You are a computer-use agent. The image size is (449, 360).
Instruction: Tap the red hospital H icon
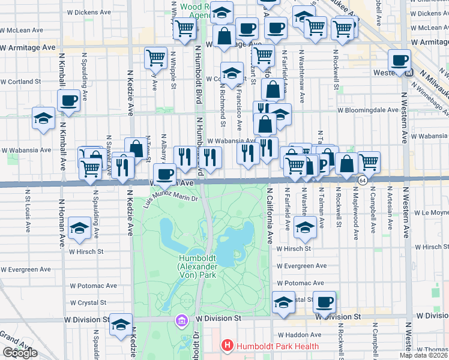click(x=227, y=345)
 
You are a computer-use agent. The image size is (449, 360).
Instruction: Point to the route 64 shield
click(x=363, y=180)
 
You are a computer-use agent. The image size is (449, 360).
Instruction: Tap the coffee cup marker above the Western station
click(x=399, y=60)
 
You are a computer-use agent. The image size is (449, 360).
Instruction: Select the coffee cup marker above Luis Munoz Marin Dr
click(x=164, y=175)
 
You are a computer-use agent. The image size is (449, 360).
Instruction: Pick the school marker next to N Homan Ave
click(x=79, y=229)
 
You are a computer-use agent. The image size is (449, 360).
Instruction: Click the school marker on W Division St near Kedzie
click(x=121, y=324)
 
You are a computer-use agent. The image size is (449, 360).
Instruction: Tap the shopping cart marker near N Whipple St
click(x=155, y=58)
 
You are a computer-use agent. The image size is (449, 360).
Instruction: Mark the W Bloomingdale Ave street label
click(x=367, y=110)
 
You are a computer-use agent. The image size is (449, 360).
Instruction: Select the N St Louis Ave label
click(x=28, y=212)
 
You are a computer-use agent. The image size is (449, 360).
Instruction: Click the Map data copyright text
click(x=424, y=355)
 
